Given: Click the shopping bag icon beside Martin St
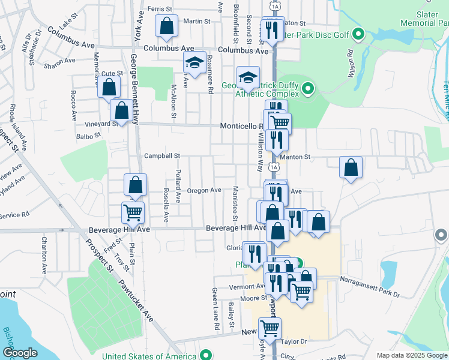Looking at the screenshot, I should click(x=166, y=26).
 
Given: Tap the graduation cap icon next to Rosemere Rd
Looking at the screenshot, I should click(x=194, y=63).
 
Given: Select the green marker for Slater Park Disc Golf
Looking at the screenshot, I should click(x=359, y=34).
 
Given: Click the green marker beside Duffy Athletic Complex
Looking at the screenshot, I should click(x=308, y=89).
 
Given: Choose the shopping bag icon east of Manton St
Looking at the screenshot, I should click(x=351, y=168).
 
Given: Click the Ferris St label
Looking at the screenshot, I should click(x=160, y=9).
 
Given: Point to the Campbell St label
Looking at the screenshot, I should click(x=162, y=156).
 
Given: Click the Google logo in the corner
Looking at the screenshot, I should click(x=20, y=353).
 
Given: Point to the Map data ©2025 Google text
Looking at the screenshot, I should click(x=411, y=355).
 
